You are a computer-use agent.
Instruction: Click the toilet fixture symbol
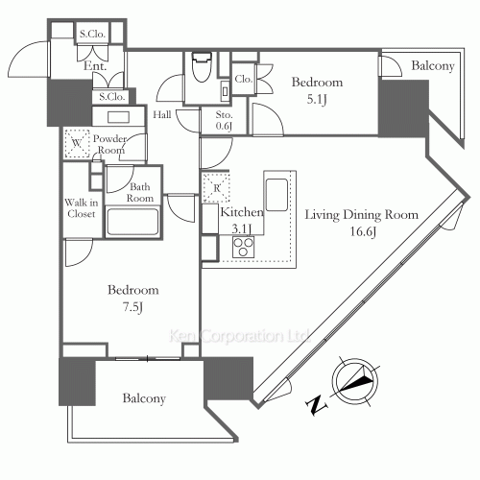[202, 67]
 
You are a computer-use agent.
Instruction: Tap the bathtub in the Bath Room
[132, 222]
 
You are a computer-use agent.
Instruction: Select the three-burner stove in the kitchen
[243, 247]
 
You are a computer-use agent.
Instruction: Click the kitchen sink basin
[276, 195]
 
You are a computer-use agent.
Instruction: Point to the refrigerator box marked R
[216, 188]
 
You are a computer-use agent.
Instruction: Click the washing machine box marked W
[77, 143]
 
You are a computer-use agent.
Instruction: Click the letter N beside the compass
[317, 405]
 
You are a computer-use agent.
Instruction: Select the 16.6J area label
[363, 231]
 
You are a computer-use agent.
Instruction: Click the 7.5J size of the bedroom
[132, 307]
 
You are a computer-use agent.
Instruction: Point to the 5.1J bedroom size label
[317, 100]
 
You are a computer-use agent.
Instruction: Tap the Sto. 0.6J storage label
[224, 120]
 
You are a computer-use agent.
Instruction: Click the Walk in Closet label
[82, 208]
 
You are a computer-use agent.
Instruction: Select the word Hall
[162, 114]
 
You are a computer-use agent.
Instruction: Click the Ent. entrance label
[95, 66]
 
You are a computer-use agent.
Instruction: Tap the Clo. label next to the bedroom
[243, 79]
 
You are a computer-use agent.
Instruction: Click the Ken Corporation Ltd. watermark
[239, 336]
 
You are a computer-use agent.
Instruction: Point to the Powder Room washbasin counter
[119, 116]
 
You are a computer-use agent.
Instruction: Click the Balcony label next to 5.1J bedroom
[433, 66]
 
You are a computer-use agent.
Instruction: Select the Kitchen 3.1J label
[242, 220]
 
